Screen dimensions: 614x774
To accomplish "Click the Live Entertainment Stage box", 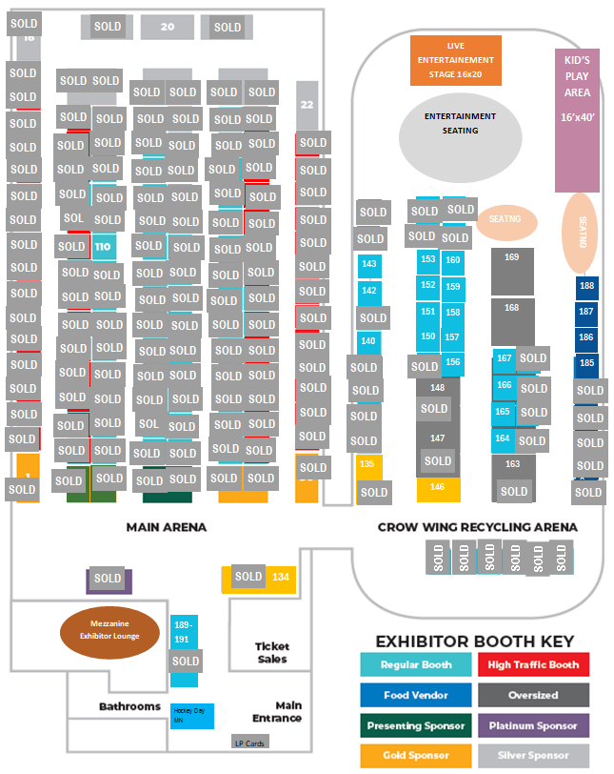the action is [x=455, y=59].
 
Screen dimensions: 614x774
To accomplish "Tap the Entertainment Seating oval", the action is [x=460, y=132].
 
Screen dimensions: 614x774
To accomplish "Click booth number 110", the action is [x=104, y=246].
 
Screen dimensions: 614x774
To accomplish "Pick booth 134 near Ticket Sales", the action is [x=280, y=578].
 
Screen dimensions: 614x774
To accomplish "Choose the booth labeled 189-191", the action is [x=184, y=632].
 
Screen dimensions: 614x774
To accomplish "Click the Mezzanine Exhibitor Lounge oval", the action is [x=109, y=631].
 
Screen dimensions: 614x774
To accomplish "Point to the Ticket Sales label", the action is [x=271, y=652].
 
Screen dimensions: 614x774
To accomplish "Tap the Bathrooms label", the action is [x=129, y=706].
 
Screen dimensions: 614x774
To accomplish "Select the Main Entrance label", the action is [x=277, y=711].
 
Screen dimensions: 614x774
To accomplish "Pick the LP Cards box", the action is [x=250, y=742].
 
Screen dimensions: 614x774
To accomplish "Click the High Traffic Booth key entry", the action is [x=532, y=665].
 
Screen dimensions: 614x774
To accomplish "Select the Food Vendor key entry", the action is [x=416, y=695].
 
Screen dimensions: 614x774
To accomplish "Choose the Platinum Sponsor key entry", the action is [x=532, y=725].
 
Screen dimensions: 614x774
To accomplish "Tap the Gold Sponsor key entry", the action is [x=416, y=755].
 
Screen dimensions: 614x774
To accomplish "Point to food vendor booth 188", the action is [x=586, y=286].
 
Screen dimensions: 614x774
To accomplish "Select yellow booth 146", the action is [x=438, y=488].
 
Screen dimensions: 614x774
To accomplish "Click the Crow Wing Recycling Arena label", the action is [x=477, y=527].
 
